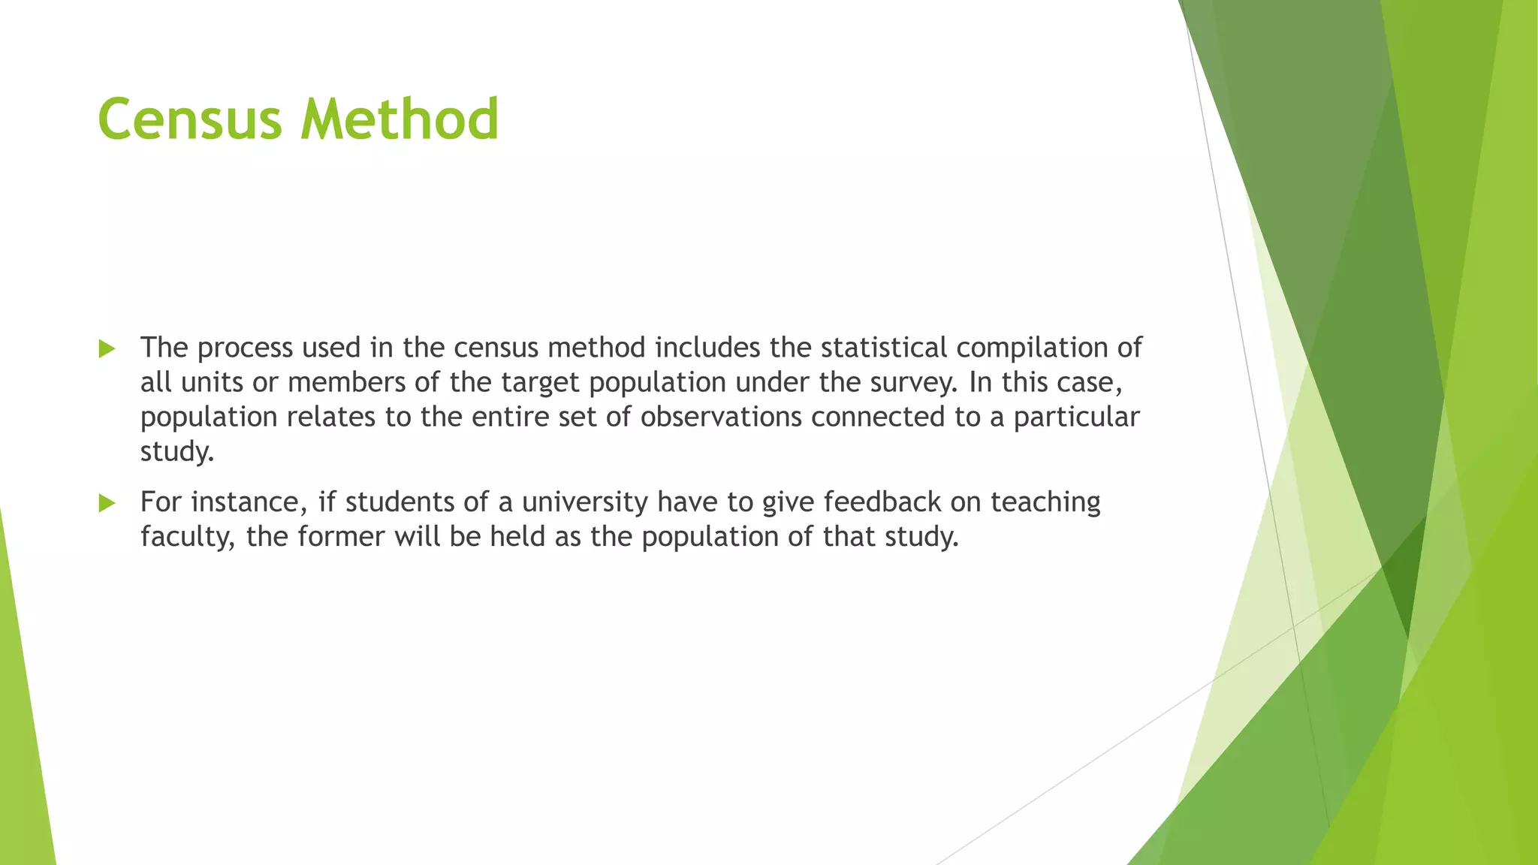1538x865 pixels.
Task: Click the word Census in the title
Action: (192, 120)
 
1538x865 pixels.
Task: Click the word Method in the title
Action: (400, 120)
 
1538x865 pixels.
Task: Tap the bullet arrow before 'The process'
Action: (107, 348)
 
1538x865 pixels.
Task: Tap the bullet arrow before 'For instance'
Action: (107, 503)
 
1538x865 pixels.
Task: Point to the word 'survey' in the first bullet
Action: (912, 383)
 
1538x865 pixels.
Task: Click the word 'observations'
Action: (721, 417)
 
